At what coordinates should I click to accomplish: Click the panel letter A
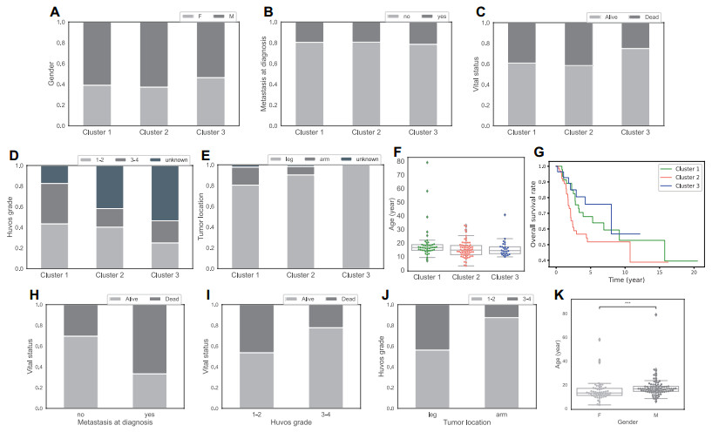pos(55,12)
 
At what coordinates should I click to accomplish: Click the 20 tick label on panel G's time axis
pos(693,273)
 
